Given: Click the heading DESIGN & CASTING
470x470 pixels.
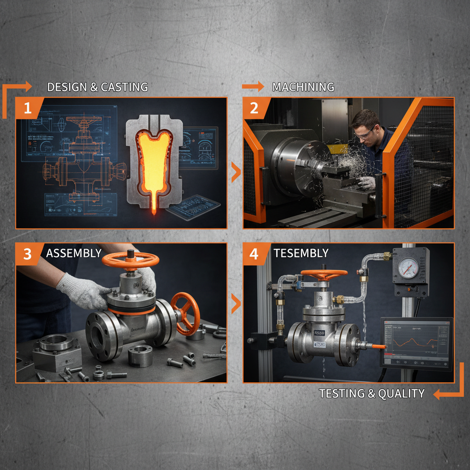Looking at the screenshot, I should tap(97, 87).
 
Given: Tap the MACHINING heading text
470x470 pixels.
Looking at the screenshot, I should tap(303, 87).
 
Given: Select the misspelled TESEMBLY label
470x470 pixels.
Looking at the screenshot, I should tap(301, 253).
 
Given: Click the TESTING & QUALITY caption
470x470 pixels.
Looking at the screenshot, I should tap(372, 393).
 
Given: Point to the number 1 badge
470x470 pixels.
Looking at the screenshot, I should tap(28, 108).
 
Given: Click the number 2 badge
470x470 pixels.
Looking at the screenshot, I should tap(254, 108).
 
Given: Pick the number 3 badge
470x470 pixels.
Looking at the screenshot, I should tap(28, 254).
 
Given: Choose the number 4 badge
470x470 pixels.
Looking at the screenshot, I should tap(254, 254).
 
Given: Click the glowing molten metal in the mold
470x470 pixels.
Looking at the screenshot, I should tap(153, 161).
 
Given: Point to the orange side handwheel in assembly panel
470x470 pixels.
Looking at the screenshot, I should tap(185, 312).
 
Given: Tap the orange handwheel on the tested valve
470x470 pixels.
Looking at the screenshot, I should tap(324, 274).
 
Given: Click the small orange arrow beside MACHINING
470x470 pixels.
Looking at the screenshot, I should tap(253, 86).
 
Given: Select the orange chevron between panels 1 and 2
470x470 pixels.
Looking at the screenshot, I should tap(235, 173).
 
